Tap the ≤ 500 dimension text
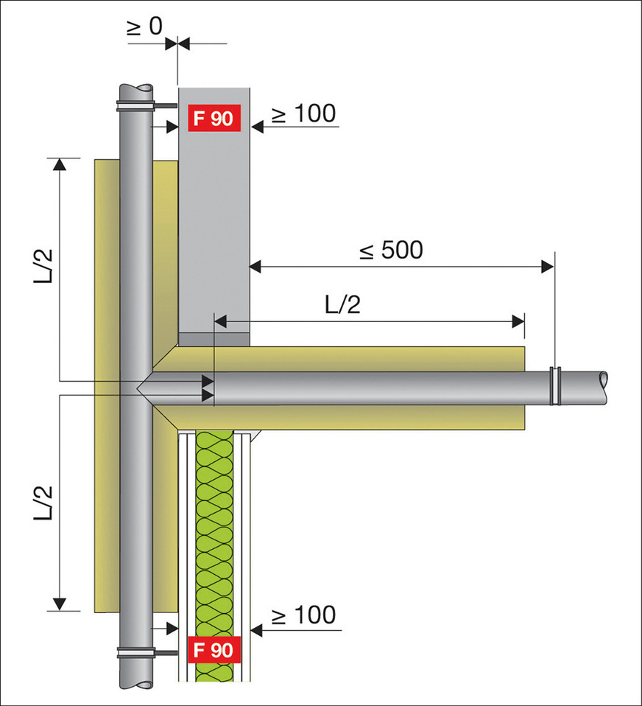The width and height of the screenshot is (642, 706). coord(391,251)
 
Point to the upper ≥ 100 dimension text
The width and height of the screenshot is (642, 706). coord(303,113)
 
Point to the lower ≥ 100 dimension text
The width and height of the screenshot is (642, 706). coord(303,614)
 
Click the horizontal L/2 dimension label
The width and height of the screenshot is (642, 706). coord(342,304)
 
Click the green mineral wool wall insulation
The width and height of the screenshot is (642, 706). coord(214,531)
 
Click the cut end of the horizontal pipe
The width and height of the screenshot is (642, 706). coord(605,381)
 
